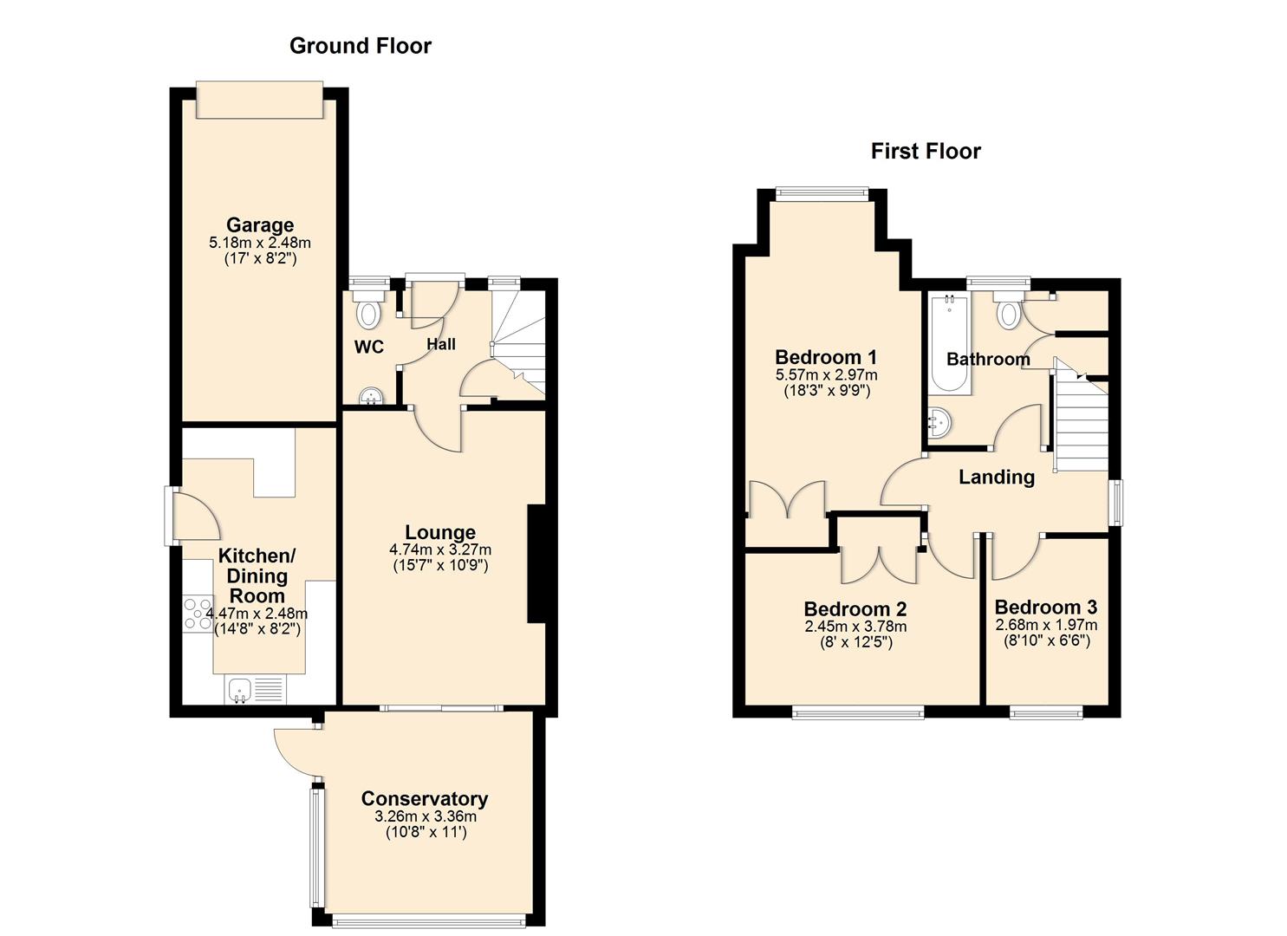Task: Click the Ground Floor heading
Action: click(360, 46)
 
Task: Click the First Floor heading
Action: click(926, 152)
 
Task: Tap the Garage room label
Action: click(260, 225)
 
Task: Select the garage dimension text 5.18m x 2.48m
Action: click(260, 243)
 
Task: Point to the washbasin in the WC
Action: click(373, 396)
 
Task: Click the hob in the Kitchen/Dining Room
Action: click(198, 613)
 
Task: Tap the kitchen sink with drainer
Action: click(256, 690)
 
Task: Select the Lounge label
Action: click(440, 533)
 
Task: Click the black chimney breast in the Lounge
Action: click(536, 563)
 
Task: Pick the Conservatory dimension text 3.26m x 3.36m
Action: click(426, 816)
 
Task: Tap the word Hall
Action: click(441, 345)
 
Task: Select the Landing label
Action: click(997, 477)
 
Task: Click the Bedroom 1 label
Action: click(826, 357)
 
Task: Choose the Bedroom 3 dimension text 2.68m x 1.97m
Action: click(1046, 625)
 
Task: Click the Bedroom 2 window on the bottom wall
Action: click(858, 712)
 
